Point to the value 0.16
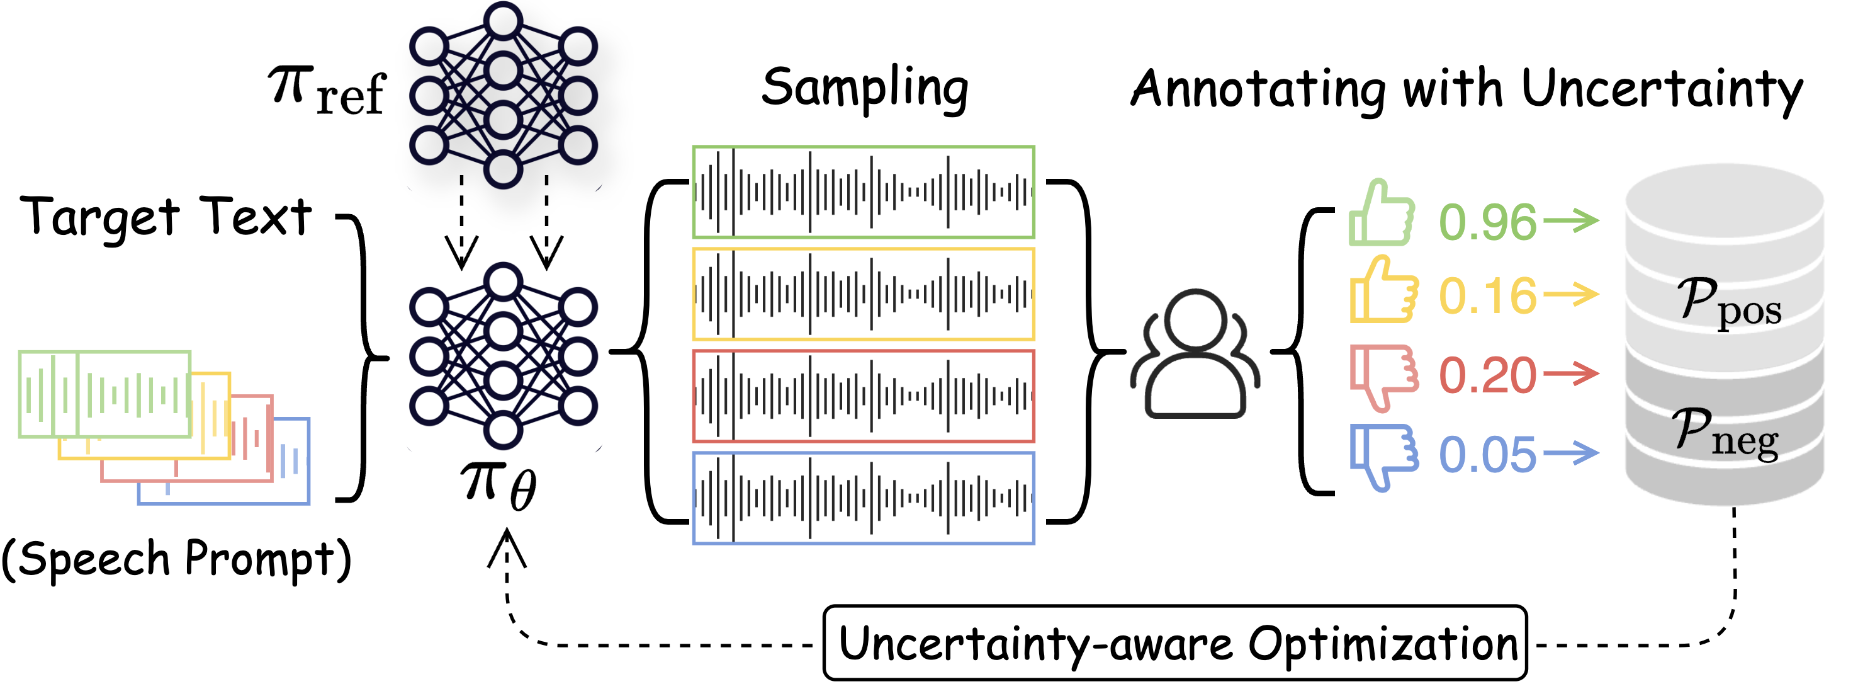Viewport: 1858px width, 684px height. click(x=1487, y=296)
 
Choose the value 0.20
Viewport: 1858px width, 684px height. click(x=1487, y=375)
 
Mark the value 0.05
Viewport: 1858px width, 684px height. click(x=1487, y=455)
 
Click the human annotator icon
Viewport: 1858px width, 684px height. click(x=1195, y=353)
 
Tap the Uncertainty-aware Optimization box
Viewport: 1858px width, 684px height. click(x=1176, y=642)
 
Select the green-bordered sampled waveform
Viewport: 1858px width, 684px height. click(x=864, y=192)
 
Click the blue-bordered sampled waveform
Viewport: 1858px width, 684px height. click(x=864, y=498)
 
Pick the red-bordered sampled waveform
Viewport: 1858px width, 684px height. click(x=864, y=396)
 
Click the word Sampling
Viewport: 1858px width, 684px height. click(x=865, y=88)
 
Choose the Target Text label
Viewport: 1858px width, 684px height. click(x=166, y=217)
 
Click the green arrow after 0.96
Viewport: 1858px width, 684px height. click(x=1571, y=219)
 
